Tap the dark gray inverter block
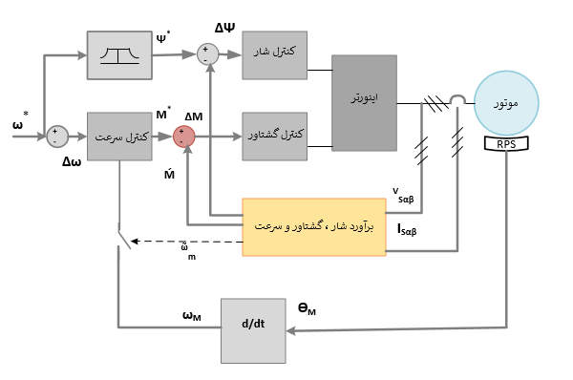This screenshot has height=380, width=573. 364,102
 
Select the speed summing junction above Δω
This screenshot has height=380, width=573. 58,137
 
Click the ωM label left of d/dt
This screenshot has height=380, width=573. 191,315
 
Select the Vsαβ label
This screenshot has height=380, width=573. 405,195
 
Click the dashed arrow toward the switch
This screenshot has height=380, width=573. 186,243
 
